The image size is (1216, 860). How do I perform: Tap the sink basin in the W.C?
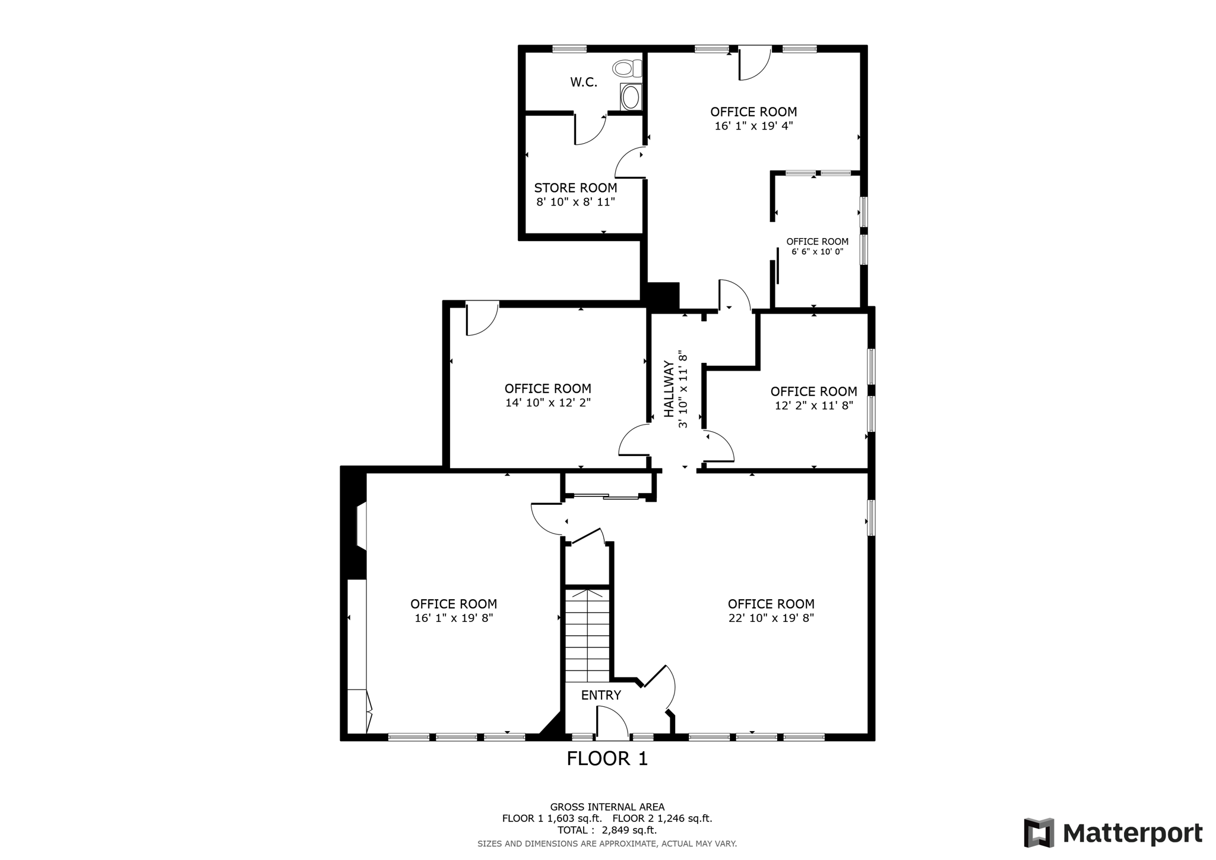tap(631, 97)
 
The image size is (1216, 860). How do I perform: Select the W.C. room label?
tap(584, 83)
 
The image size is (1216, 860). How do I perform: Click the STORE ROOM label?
tap(575, 188)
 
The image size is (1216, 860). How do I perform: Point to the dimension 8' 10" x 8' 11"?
tap(575, 202)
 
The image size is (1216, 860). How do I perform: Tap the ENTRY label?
tap(601, 695)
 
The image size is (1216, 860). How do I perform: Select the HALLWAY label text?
tap(669, 388)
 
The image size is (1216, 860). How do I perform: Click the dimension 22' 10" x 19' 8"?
tap(771, 618)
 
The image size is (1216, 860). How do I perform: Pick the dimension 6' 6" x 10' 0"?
tap(817, 252)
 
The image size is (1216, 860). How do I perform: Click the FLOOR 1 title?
tap(607, 758)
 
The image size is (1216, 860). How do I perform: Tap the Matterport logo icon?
tap(1038, 833)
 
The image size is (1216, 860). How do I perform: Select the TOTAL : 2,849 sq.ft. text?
tap(607, 830)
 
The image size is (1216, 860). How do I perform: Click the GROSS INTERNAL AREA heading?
tap(607, 807)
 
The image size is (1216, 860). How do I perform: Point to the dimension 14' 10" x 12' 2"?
tap(547, 403)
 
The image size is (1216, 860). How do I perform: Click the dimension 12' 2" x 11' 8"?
tap(813, 406)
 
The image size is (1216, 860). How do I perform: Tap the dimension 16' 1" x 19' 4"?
tap(753, 126)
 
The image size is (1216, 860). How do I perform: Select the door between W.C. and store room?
tap(589, 129)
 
